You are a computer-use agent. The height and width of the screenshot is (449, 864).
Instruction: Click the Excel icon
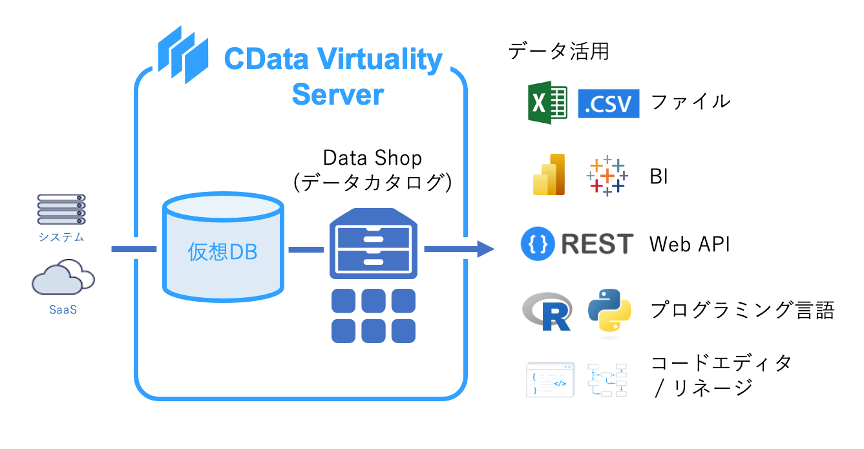[x=547, y=102]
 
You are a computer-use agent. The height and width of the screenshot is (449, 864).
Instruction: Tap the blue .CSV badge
[x=608, y=103]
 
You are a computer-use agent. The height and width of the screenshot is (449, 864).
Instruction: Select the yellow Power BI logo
[x=549, y=174]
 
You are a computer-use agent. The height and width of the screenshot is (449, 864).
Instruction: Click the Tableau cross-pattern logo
[x=606, y=176]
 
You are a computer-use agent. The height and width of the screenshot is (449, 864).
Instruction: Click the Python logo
[x=609, y=313]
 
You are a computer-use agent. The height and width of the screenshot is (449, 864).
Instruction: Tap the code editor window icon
[x=550, y=379]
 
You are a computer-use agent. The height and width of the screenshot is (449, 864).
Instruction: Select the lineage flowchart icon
[x=607, y=379]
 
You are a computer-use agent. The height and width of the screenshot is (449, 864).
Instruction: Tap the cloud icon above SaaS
[x=63, y=279]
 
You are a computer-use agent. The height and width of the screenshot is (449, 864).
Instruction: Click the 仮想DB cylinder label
[x=222, y=252]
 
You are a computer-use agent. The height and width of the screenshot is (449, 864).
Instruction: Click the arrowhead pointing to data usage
[x=485, y=248]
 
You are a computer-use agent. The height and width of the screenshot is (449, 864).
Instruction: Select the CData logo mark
[x=184, y=55]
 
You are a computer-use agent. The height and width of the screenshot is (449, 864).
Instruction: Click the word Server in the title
[x=337, y=95]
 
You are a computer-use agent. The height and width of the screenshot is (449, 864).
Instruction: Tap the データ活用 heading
[x=558, y=50]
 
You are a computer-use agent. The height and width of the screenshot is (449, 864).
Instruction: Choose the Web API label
[x=690, y=245]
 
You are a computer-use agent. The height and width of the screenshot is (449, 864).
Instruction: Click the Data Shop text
[x=372, y=158]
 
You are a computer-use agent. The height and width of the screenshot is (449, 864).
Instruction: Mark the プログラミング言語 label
[x=743, y=311]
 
